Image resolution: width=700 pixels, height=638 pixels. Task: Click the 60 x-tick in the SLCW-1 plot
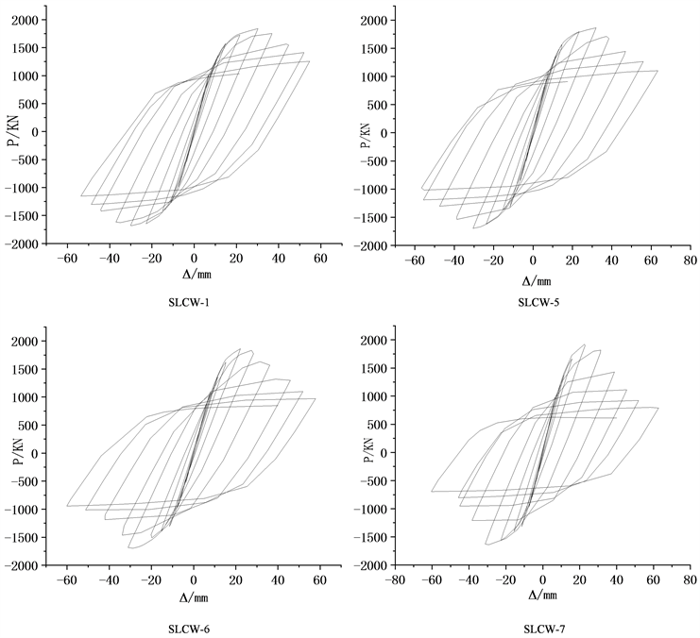click(319, 258)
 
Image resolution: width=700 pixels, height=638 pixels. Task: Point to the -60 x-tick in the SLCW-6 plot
click(68, 578)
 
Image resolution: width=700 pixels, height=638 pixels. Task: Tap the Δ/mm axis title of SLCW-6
click(194, 599)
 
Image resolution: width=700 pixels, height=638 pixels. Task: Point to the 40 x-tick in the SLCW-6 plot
click(277, 578)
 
